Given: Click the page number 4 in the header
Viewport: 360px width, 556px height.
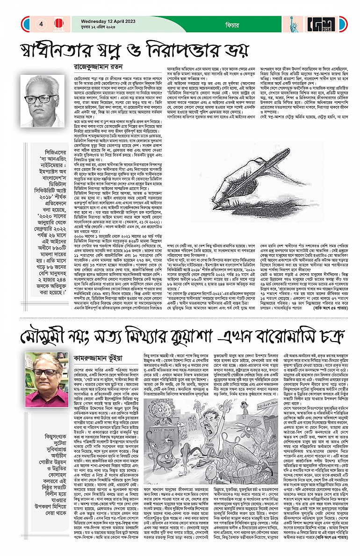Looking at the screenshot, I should click(x=41, y=23).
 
